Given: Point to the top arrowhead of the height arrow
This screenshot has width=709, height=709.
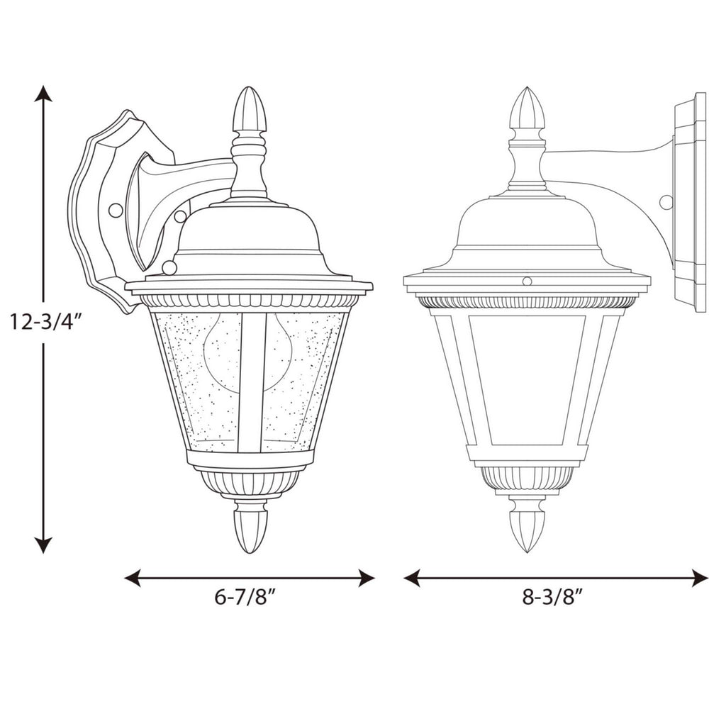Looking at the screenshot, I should tap(43, 94).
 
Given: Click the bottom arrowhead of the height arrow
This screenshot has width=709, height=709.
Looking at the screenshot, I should tap(43, 545).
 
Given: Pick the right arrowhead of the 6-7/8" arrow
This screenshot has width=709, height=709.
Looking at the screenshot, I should tap(366, 579).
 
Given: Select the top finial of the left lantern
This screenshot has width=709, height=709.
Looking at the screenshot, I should tap(250, 110).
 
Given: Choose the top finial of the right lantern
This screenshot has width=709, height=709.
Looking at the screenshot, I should tap(527, 110).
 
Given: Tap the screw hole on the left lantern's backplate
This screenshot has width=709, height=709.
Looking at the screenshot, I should tap(114, 211).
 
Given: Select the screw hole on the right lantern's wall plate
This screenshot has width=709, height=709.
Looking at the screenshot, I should tap(666, 202).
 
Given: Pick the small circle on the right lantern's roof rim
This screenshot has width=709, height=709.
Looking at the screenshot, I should tap(526, 281).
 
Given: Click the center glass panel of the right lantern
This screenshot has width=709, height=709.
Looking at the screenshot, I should tap(526, 379).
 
